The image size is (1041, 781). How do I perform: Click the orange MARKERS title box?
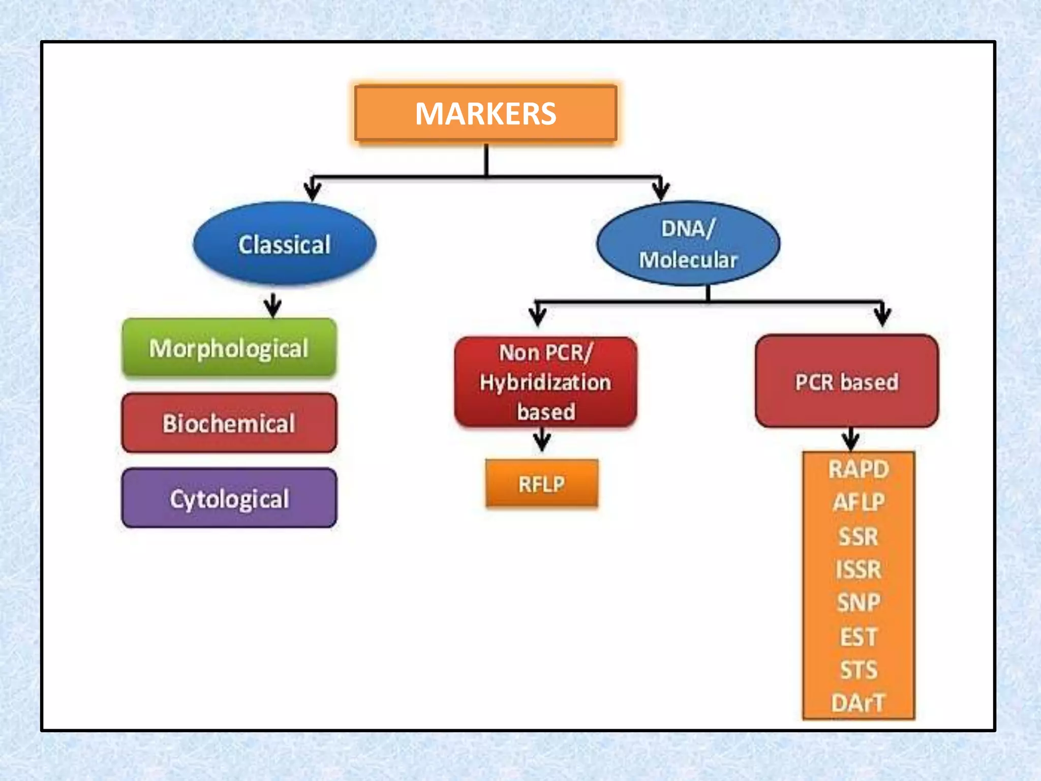click(x=485, y=113)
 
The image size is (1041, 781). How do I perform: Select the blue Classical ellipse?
click(x=285, y=244)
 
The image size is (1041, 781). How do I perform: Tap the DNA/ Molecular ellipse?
click(x=688, y=244)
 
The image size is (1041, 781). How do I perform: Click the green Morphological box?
click(x=229, y=348)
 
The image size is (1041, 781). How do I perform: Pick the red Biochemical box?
click(x=229, y=423)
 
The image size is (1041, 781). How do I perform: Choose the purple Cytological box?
click(x=229, y=498)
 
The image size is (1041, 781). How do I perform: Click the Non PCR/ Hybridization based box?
click(x=545, y=382)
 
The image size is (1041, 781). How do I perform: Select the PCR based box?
click(x=846, y=382)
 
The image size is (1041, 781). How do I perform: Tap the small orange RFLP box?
click(x=542, y=484)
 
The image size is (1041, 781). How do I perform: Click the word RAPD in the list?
click(x=859, y=469)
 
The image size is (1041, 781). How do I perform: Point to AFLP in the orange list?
click(x=859, y=502)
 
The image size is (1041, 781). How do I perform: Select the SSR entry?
click(x=859, y=536)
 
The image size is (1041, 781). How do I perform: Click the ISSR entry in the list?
click(x=859, y=569)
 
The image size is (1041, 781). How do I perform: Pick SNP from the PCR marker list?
click(x=859, y=603)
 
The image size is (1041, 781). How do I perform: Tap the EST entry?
click(x=859, y=637)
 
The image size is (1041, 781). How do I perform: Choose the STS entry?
click(x=859, y=670)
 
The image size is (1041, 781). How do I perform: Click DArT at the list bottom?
click(x=859, y=703)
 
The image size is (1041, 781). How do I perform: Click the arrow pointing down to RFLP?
click(x=542, y=440)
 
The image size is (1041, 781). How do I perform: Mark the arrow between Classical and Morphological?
click(x=273, y=306)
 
